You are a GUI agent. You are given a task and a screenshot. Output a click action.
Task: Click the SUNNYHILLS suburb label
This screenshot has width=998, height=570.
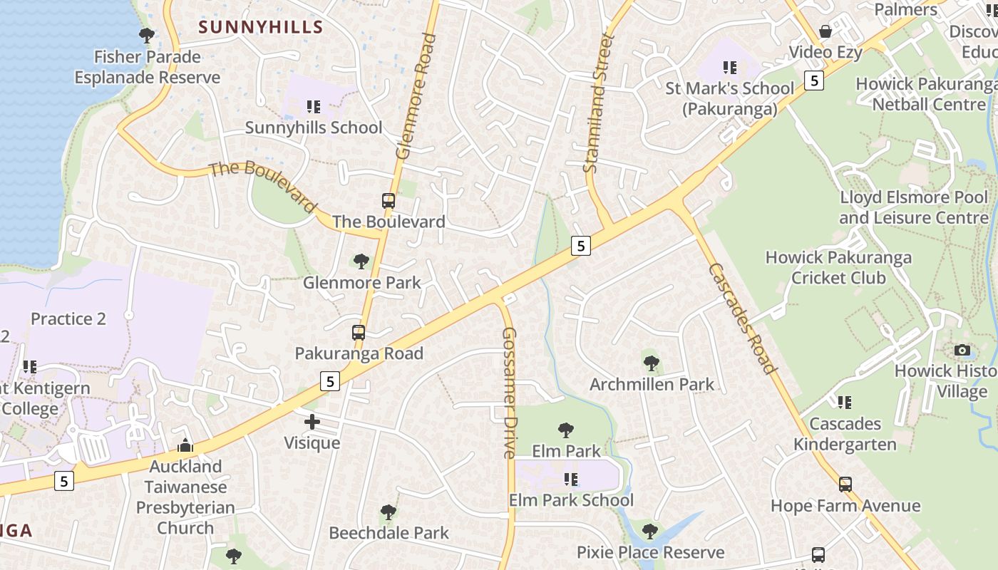click(x=260, y=27)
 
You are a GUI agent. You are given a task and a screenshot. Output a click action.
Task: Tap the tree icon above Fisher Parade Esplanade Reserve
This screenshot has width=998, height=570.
click(x=147, y=35)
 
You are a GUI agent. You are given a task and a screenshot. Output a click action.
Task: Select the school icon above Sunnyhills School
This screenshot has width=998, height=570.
click(x=313, y=107)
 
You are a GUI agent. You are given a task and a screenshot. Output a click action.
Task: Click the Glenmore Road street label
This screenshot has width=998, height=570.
click(x=416, y=96)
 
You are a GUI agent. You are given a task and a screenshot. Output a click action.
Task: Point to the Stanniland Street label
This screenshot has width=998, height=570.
click(x=598, y=103)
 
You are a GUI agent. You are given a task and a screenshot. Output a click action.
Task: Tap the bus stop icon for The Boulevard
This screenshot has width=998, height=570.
click(x=389, y=201)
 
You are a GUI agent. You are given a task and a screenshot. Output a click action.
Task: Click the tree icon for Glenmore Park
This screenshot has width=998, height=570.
click(x=361, y=261)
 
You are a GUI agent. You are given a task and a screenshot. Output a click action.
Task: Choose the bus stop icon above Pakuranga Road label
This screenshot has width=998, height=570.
click(x=359, y=333)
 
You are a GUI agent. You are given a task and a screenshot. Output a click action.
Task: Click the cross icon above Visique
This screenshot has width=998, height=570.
click(x=312, y=422)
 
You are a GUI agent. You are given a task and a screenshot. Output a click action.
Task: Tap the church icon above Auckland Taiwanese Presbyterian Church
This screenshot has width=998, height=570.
click(x=185, y=445)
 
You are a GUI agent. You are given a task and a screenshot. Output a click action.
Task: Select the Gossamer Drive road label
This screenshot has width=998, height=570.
click(x=508, y=393)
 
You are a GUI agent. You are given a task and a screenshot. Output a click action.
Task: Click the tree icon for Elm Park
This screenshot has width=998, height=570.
click(x=566, y=430)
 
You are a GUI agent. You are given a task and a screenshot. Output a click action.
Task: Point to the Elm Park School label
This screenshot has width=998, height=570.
click(x=571, y=500)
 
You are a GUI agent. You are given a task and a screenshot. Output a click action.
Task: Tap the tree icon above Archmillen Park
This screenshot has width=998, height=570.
click(x=651, y=363)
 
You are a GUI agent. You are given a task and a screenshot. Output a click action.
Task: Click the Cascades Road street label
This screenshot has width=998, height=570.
click(x=741, y=318)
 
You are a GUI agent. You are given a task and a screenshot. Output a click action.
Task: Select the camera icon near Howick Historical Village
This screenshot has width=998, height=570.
click(x=962, y=350)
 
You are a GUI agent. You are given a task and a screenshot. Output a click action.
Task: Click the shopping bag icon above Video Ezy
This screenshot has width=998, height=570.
click(x=825, y=31)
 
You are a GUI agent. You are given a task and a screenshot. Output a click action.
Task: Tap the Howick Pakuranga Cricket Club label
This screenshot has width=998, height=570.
click(x=838, y=267)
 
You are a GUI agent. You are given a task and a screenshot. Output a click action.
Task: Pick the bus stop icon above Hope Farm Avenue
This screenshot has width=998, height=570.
click(x=845, y=484)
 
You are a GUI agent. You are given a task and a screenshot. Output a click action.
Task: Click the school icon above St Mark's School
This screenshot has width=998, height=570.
click(x=729, y=68)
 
